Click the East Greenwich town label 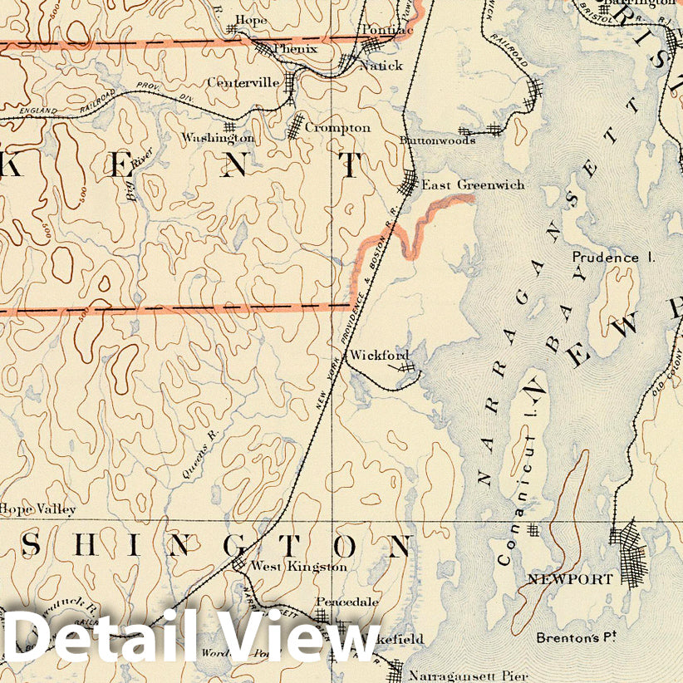473,185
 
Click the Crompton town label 337,128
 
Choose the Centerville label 243,82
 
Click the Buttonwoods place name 437,140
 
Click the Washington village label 219,137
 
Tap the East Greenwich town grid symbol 410,182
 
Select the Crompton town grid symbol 296,126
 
